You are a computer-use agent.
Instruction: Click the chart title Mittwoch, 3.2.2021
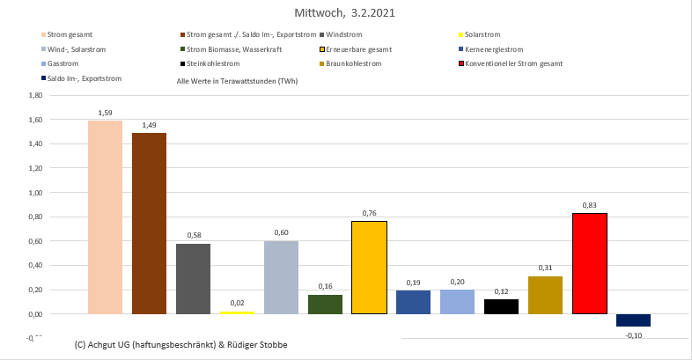346,14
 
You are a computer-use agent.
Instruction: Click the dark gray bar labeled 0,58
194,278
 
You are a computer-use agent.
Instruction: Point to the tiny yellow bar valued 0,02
238,312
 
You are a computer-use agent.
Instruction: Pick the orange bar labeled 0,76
370,268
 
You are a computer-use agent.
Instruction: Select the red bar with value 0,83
590,263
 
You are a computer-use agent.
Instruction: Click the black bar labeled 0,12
502,306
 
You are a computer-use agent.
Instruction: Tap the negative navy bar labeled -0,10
634,320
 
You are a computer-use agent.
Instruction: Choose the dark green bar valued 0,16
326,305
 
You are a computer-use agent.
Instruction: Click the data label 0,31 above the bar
546,268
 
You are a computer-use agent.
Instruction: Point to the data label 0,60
282,232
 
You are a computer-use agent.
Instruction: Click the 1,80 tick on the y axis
36,95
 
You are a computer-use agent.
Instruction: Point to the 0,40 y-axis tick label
36,265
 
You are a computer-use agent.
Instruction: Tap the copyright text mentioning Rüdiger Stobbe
181,344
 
